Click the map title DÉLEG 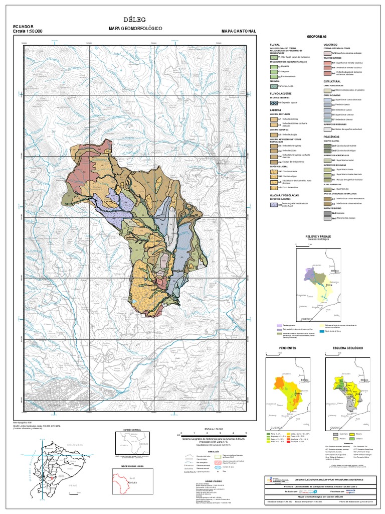tap(136, 19)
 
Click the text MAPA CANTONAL tap(239, 31)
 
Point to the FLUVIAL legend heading tap(277, 45)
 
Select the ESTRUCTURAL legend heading tap(332, 81)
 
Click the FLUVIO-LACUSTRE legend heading tap(282, 93)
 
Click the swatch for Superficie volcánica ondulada tap(328, 53)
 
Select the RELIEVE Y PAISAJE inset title tap(315, 235)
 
